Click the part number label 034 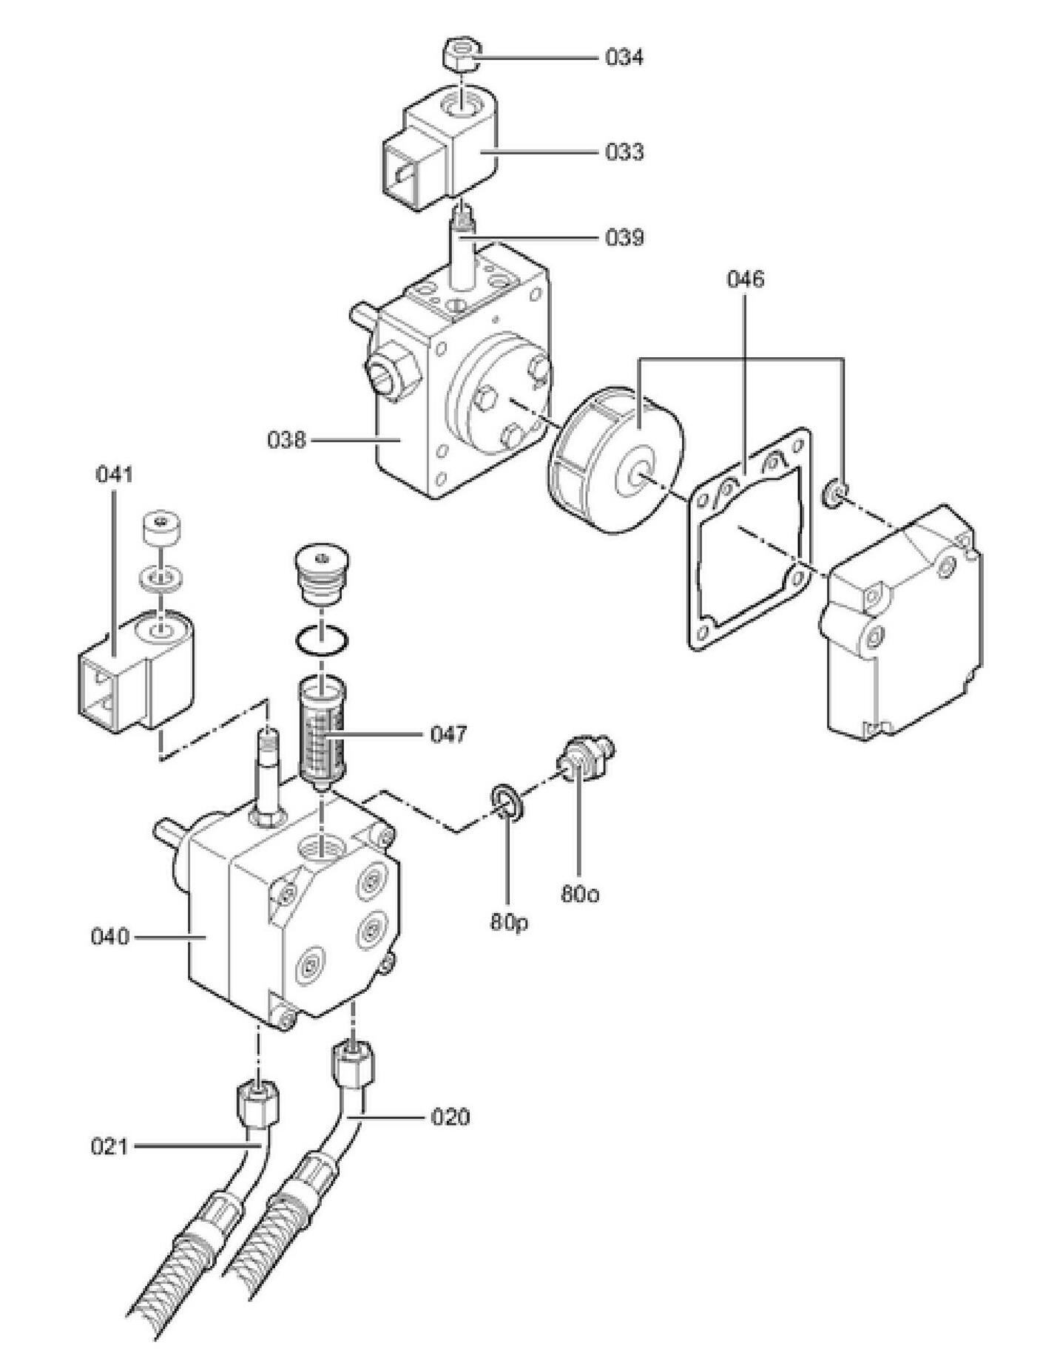tap(624, 57)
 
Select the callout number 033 tap(624, 152)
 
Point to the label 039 tap(624, 237)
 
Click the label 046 tap(745, 279)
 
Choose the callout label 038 tap(286, 440)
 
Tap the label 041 tap(114, 474)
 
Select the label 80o tap(579, 894)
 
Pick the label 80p tap(509, 923)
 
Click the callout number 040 tap(109, 937)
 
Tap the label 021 tap(109, 1147)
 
